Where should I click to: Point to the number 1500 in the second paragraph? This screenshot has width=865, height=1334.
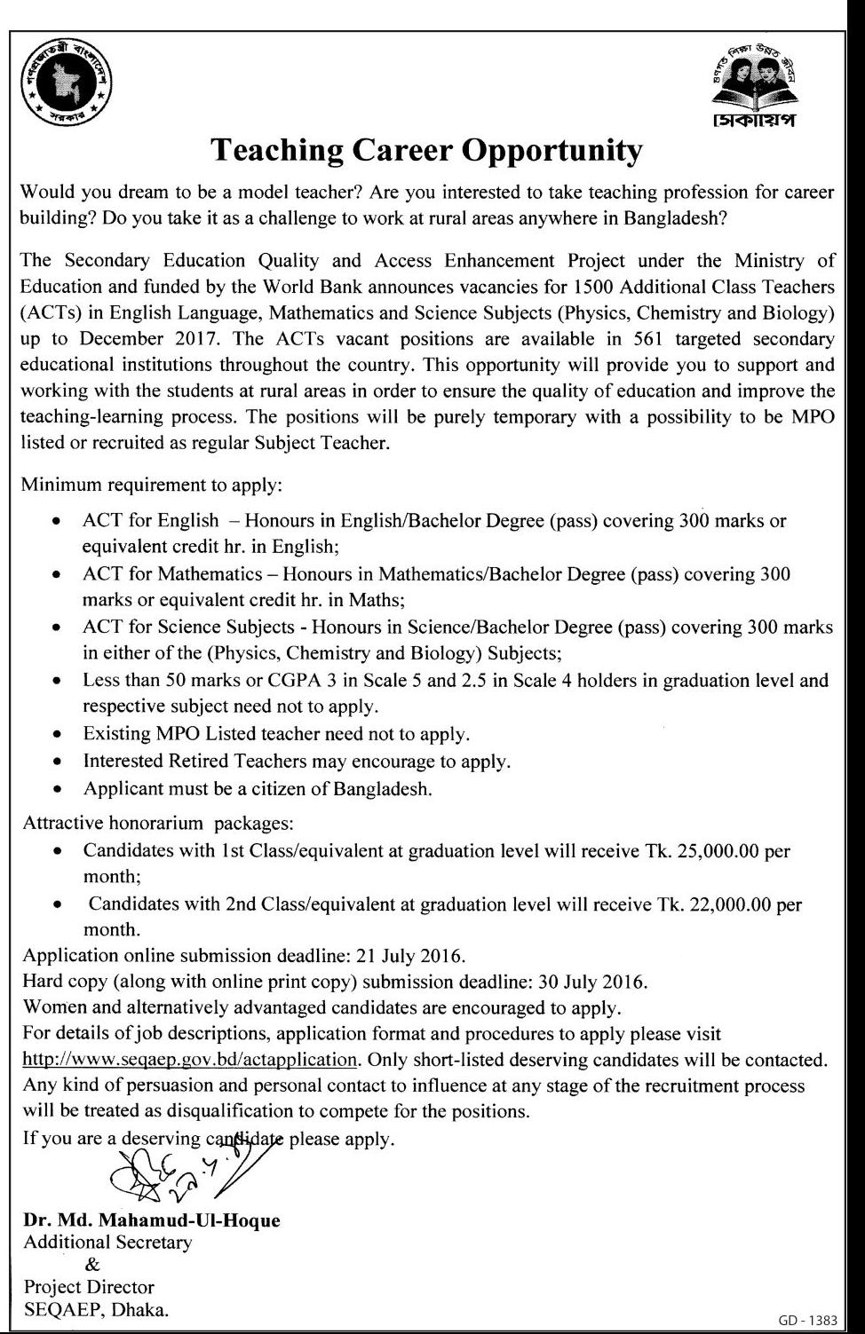coord(596,287)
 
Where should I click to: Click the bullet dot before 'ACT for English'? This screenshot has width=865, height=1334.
coord(58,521)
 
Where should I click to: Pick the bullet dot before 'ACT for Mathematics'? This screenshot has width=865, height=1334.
coord(58,574)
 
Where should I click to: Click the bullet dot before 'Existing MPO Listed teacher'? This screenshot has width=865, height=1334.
coord(58,735)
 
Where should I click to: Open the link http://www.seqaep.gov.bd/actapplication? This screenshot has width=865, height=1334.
coord(190,1060)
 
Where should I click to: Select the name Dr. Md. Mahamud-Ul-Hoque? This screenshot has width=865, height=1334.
coord(152,1220)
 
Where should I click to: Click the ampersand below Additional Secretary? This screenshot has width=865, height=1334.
coord(92,1265)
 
